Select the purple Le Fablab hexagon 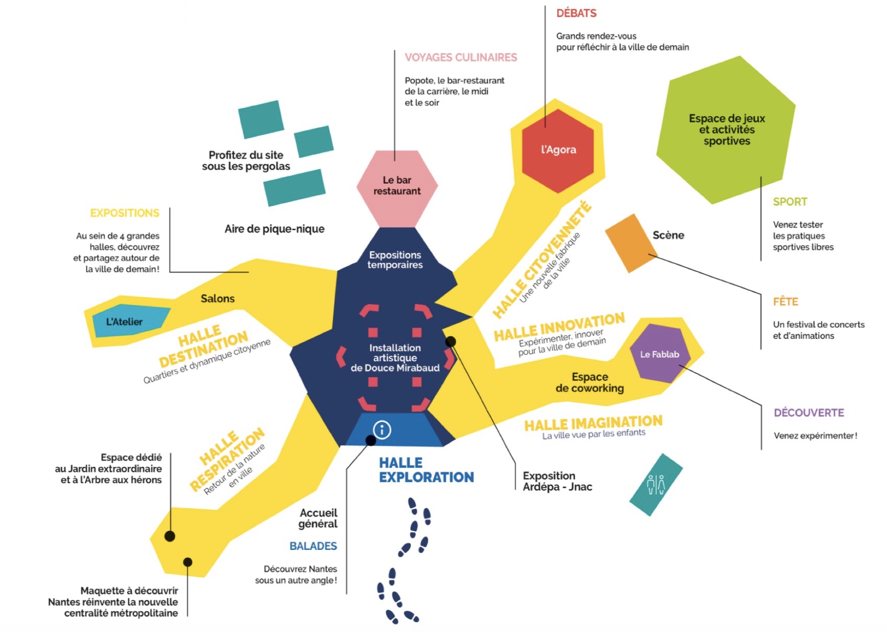click(x=659, y=354)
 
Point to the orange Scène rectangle click(x=631, y=243)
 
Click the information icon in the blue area click(x=382, y=430)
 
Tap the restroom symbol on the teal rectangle click(x=655, y=485)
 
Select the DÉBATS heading click(x=576, y=13)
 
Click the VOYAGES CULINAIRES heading click(x=461, y=58)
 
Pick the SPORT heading click(x=790, y=202)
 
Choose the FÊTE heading click(x=785, y=302)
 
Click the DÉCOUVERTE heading click(x=809, y=413)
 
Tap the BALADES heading click(x=313, y=546)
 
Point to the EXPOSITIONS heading click(x=125, y=213)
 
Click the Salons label click(x=218, y=299)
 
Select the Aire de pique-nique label click(x=275, y=229)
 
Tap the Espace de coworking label click(x=590, y=383)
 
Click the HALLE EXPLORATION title click(x=426, y=470)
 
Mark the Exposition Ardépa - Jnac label click(x=557, y=481)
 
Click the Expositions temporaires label click(x=395, y=260)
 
